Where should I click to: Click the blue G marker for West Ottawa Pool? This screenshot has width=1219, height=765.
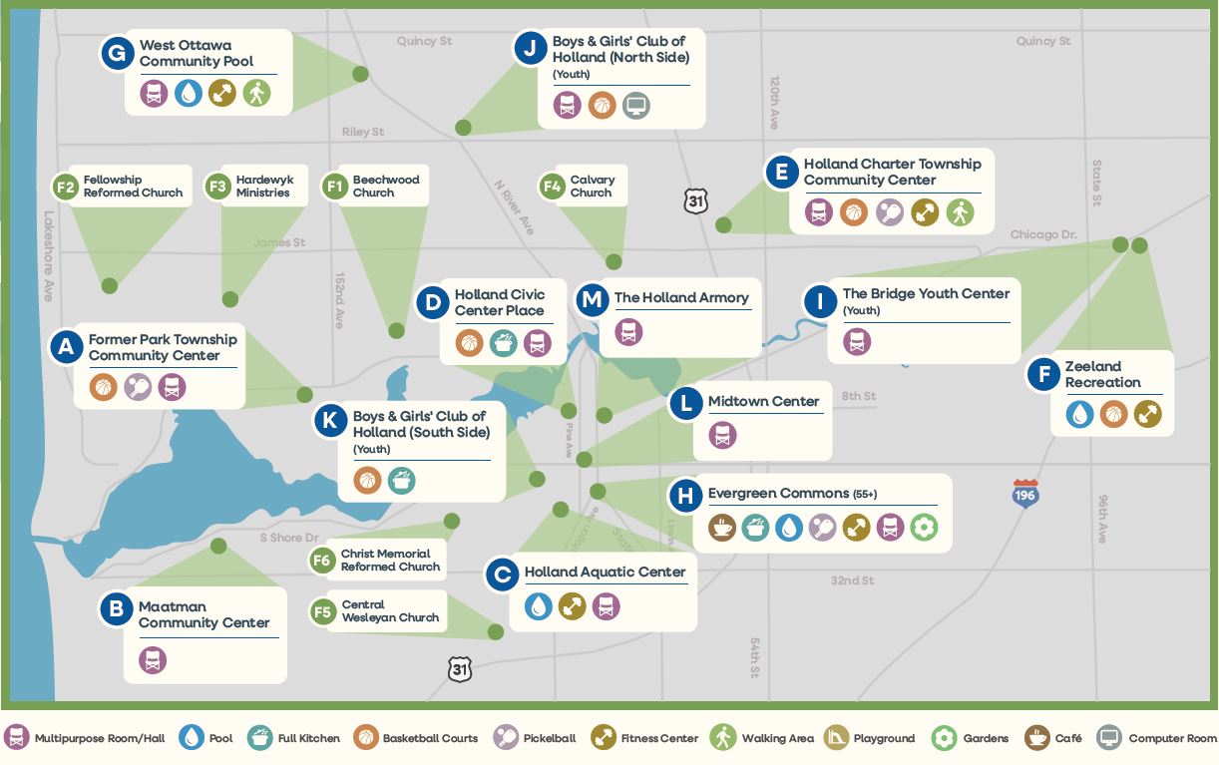pos(118,53)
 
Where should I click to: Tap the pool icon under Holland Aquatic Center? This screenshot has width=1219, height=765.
pos(538,605)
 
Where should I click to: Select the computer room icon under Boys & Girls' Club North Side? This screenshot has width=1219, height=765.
pos(636,105)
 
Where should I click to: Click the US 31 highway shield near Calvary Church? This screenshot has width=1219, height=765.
pos(696,200)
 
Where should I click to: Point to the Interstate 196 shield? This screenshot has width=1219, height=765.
pos(1025,493)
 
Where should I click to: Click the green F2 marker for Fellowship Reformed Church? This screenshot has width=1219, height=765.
pos(66,187)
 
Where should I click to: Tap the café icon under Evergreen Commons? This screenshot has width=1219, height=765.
pos(722,527)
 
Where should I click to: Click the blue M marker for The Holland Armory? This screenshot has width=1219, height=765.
pos(593,298)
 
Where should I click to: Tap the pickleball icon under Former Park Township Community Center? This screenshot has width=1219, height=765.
pos(138,387)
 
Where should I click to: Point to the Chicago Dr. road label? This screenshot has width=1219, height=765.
pos(1043,234)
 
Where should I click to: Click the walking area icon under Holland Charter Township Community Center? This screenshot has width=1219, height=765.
pos(960,212)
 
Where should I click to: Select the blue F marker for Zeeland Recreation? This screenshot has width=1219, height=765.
pos(1043,374)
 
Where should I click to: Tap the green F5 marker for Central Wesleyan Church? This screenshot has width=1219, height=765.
pos(322,611)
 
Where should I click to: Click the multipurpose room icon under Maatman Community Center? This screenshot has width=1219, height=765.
pos(153,659)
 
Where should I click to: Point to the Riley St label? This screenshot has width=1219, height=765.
pos(363,132)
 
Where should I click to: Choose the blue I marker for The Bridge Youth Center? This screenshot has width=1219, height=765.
pos(820,301)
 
